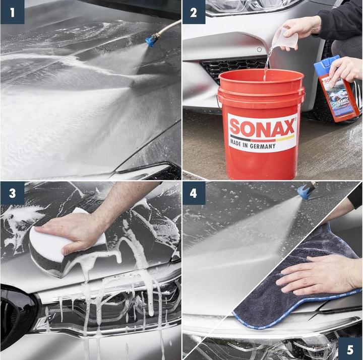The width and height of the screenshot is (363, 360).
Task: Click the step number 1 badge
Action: click(x=12, y=12)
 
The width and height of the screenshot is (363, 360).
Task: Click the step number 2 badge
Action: click(x=194, y=12)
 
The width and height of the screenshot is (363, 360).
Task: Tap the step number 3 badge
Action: click(x=12, y=193)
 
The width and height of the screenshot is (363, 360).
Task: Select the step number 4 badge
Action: click(x=194, y=193)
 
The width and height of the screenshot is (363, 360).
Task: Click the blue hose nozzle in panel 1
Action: click(x=151, y=41)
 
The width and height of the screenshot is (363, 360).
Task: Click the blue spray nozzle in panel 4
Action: click(x=304, y=191)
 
